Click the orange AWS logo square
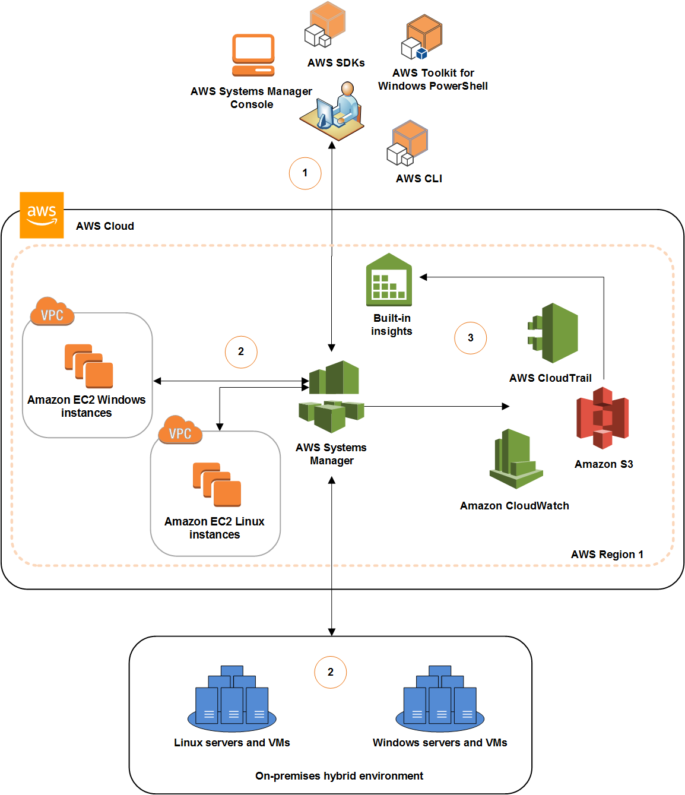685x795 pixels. pos(42,215)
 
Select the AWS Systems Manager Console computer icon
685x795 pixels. pos(253,55)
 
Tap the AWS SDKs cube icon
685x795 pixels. pos(325,25)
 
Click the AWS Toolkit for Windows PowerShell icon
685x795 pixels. pos(422,37)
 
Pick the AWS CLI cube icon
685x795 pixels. pos(408,144)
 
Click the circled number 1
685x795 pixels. pos(305,173)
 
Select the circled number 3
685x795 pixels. pos(470,338)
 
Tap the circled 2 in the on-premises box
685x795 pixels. pos(330,672)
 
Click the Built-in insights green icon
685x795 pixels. pos(389,280)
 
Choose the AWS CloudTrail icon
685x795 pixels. pos(553,333)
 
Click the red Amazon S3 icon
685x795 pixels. pos(602,418)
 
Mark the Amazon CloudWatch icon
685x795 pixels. pos(515,459)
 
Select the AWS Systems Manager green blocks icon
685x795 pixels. pos(332,397)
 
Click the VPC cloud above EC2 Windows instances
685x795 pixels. pos(52,312)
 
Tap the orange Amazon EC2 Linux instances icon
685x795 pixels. pos(217,484)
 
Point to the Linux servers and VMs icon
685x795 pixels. pos(232,699)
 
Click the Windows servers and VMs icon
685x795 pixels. pos(440,699)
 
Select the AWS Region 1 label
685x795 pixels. pos(607,555)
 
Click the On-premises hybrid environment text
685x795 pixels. pos(339,776)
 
